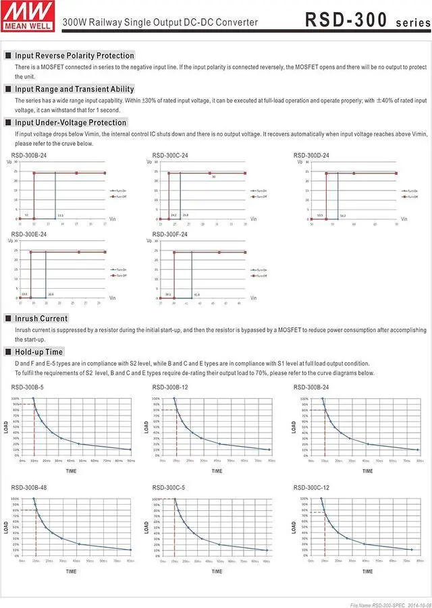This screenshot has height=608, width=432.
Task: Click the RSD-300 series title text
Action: tap(365, 21)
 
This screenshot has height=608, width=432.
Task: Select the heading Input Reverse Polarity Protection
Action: tap(74, 55)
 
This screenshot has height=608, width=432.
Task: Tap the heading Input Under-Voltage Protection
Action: tap(70, 122)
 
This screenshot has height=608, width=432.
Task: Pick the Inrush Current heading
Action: tap(41, 318)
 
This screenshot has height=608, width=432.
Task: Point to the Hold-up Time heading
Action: tap(38, 352)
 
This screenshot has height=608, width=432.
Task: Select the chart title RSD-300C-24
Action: tap(170, 155)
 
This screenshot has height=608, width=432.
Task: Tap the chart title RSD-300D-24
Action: tap(311, 155)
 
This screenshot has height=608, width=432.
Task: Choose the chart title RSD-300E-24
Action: tap(29, 234)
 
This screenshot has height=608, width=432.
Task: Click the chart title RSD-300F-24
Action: tap(170, 234)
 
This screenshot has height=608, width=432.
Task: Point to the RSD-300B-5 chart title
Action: tap(28, 387)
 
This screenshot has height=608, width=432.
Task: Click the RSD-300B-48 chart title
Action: tap(29, 487)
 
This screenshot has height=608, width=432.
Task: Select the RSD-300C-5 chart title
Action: tap(169, 487)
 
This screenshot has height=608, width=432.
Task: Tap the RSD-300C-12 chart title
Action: tap(311, 487)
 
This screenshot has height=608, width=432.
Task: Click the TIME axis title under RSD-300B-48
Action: tap(71, 572)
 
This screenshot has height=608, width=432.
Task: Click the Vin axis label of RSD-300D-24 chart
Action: tap(404, 219)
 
